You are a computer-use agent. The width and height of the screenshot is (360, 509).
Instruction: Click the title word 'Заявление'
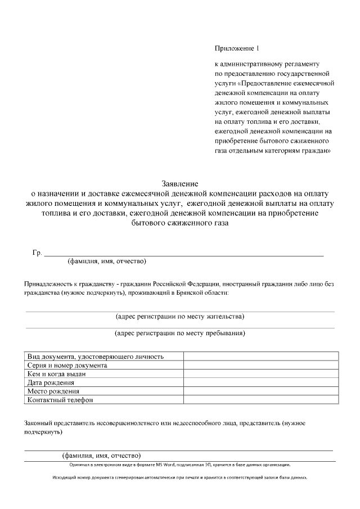click(x=180, y=184)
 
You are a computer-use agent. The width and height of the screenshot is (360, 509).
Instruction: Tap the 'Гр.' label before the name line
click(x=37, y=253)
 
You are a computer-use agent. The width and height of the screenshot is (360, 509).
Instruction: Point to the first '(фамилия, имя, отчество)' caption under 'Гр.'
click(x=107, y=262)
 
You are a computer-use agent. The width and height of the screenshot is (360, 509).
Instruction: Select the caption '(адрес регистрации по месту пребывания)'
click(x=180, y=333)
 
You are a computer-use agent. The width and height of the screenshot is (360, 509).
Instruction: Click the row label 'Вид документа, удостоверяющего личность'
click(x=96, y=356)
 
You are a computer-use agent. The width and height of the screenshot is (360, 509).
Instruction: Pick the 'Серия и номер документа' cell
click(x=67, y=365)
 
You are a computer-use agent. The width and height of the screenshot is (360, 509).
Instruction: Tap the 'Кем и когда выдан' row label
click(x=56, y=373)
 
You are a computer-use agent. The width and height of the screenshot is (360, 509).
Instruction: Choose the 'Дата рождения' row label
click(x=51, y=382)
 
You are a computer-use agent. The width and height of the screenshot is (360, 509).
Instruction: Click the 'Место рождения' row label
click(x=53, y=391)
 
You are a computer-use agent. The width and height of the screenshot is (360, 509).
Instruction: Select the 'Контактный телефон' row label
click(x=60, y=400)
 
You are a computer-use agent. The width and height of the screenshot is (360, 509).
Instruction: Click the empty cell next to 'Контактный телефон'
click(x=260, y=400)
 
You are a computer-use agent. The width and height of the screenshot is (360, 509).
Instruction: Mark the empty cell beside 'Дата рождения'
click(x=260, y=382)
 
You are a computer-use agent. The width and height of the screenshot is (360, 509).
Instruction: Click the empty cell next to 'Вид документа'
click(x=260, y=356)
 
